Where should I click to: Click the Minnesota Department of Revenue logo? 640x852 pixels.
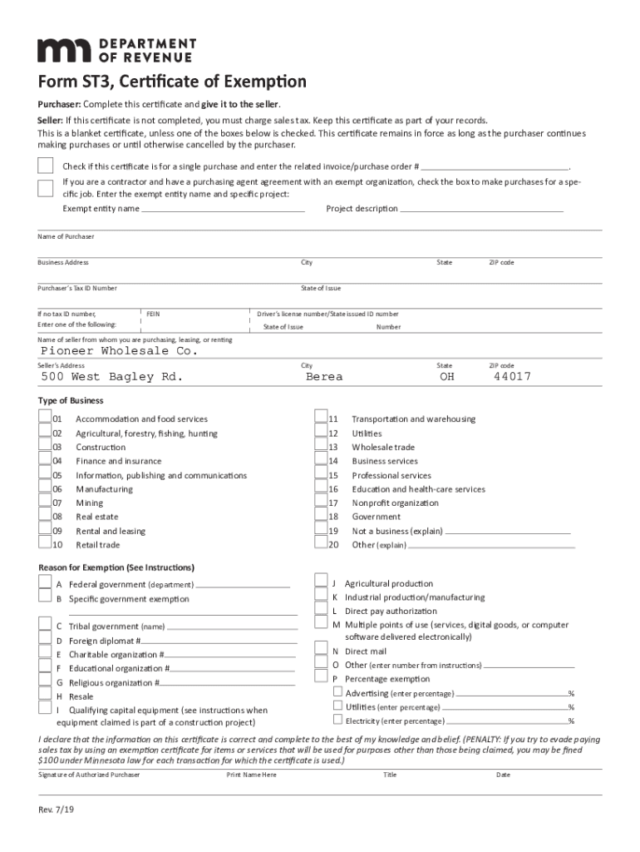point(116,50)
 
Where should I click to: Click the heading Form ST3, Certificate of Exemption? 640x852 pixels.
point(172,82)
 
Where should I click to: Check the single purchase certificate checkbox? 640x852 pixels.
point(46,165)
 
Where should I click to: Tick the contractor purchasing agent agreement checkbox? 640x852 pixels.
point(46,187)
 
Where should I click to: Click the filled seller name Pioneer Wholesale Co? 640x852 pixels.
point(120,351)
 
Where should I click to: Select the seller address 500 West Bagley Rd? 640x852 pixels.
point(111,377)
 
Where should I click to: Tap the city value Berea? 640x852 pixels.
point(324,377)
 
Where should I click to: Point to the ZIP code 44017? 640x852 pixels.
point(512,377)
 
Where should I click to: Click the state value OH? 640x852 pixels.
point(447,377)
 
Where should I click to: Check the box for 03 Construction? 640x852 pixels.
point(44,447)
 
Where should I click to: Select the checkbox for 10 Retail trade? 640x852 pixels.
point(44,544)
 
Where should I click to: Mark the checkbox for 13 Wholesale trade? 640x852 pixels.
point(320,447)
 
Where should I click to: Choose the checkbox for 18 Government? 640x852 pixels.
point(320,517)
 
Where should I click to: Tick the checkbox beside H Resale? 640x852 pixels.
point(44,695)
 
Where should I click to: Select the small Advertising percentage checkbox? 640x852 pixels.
point(337,692)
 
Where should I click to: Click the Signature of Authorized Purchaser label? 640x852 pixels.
point(89,775)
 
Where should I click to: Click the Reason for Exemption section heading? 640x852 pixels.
point(116,567)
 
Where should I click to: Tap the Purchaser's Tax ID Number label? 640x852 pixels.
point(77,288)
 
